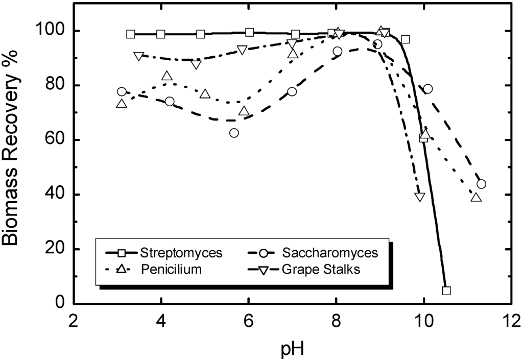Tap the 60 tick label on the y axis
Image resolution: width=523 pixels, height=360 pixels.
[58, 140]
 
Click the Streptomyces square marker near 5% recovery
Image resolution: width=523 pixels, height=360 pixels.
[446, 291]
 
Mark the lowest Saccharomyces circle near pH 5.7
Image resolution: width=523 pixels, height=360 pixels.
[234, 133]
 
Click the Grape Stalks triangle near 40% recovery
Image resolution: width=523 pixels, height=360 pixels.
[420, 197]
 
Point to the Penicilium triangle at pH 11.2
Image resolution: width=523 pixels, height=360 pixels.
[476, 197]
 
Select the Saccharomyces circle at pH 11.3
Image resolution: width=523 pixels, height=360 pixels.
[481, 184]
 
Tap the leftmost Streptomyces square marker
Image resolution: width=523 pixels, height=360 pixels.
[131, 34]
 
